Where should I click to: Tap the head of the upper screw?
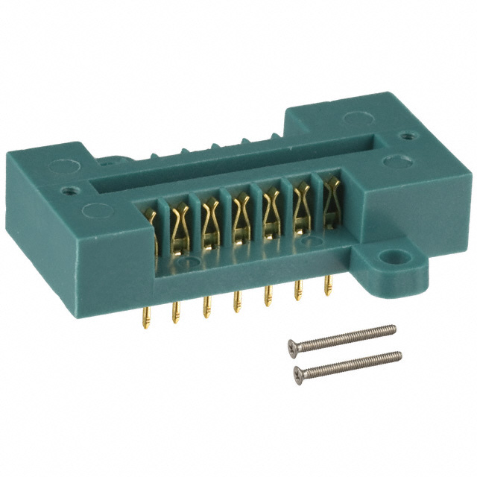(x=294, y=344)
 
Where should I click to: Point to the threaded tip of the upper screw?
(x=393, y=327)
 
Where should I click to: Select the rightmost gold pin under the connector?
(x=327, y=285)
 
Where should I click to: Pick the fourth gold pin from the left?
(x=237, y=302)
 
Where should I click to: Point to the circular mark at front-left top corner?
(x=96, y=210)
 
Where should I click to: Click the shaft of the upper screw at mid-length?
(x=343, y=336)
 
